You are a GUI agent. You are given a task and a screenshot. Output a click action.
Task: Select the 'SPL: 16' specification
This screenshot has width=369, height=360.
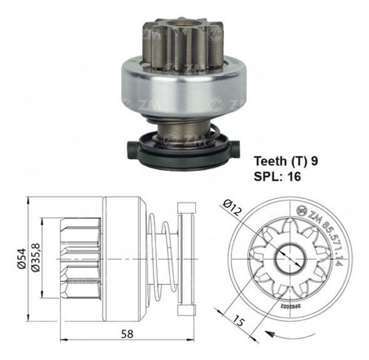[278, 177]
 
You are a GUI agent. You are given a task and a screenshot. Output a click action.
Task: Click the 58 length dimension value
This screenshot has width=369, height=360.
[128, 334]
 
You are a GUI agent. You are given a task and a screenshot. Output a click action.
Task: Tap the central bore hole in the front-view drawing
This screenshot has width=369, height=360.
[290, 257]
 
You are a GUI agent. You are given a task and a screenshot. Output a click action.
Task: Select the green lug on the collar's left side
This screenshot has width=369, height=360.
[132, 149]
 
